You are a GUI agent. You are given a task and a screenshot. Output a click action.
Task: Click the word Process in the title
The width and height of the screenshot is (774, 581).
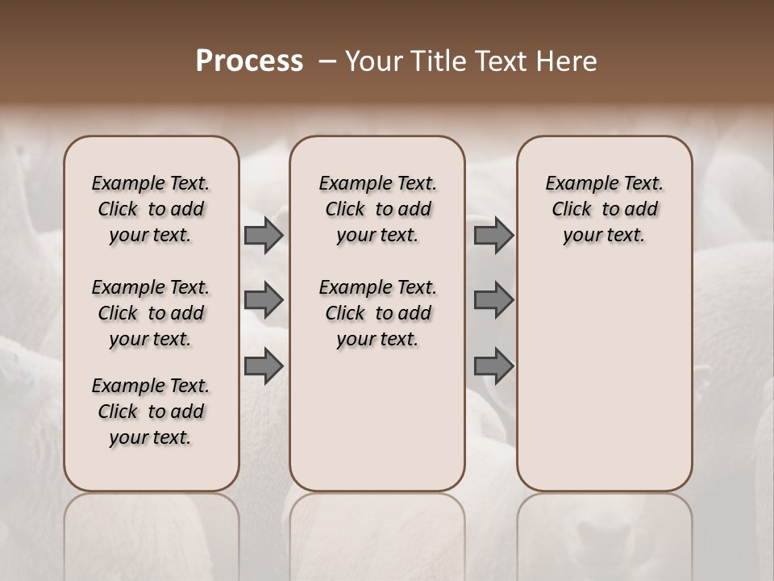(x=249, y=61)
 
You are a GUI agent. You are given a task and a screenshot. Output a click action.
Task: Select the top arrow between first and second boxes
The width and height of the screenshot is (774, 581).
(x=264, y=235)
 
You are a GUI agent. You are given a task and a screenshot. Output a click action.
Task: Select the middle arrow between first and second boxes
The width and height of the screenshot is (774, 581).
(x=264, y=300)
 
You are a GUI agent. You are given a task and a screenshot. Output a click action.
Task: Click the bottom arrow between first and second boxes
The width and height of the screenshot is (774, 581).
(x=264, y=366)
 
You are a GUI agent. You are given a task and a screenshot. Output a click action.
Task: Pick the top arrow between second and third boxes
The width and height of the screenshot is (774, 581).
(x=493, y=235)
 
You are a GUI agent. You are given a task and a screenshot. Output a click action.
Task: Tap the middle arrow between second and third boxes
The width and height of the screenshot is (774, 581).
(x=493, y=300)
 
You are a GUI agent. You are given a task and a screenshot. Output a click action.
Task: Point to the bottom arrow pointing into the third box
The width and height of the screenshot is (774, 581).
(x=493, y=366)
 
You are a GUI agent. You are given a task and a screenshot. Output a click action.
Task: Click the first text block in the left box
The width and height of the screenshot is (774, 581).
(x=151, y=209)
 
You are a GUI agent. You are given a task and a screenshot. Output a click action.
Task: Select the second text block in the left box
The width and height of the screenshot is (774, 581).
(x=151, y=313)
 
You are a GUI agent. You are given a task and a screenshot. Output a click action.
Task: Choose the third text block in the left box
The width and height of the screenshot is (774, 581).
(x=151, y=412)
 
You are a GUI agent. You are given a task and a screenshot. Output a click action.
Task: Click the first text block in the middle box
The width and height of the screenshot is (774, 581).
(x=377, y=209)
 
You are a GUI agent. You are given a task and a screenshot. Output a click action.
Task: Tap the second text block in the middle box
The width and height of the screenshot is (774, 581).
(x=377, y=313)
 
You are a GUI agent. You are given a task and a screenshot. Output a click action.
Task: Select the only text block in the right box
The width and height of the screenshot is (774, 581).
(x=604, y=209)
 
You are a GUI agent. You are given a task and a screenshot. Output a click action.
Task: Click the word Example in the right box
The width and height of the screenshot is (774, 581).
(x=576, y=184)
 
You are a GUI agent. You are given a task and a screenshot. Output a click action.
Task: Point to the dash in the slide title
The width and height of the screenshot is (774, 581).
(x=328, y=61)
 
